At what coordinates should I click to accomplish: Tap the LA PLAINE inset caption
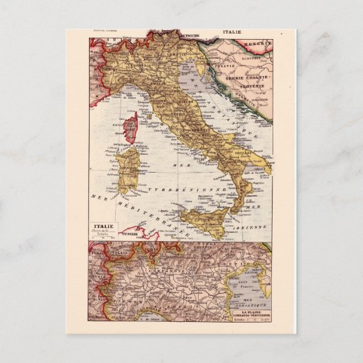click(251, 309)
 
